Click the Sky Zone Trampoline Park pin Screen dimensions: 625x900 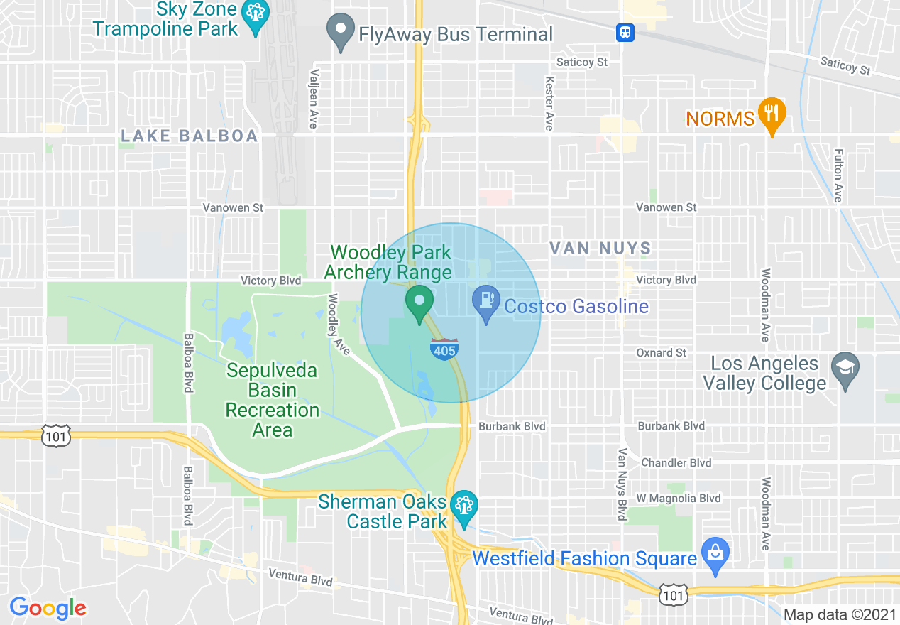[x=253, y=14]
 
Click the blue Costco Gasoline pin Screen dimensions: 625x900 [x=487, y=303]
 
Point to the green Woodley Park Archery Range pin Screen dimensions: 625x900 [x=419, y=302]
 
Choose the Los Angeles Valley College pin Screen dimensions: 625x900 [x=845, y=369]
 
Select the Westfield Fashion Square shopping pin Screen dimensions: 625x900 [x=715, y=553]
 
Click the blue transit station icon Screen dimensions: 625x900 [x=625, y=32]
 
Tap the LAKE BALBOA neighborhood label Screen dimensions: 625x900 [x=190, y=136]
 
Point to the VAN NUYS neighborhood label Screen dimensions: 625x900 [x=601, y=248]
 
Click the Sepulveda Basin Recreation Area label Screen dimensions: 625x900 [x=273, y=400]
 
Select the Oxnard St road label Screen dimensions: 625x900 [x=662, y=352]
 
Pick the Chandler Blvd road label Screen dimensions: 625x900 [x=676, y=462]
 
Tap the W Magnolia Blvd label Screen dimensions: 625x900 [x=679, y=498]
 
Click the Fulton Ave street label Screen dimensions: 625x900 [x=838, y=175]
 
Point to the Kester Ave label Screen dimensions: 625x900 [x=549, y=104]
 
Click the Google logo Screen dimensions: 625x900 [x=48, y=608]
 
